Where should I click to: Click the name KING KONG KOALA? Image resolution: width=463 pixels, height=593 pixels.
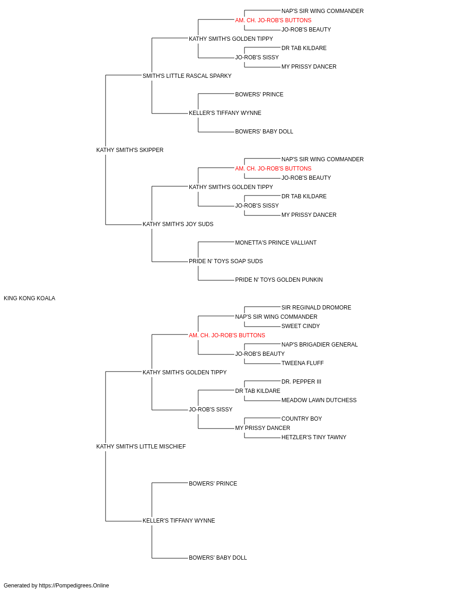tap(30, 298)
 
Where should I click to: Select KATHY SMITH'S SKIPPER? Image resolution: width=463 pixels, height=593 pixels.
tap(130, 150)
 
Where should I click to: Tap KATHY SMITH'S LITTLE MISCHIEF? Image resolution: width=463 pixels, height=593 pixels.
tap(141, 447)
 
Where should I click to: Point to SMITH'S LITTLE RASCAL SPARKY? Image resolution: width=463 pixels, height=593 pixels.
tap(187, 76)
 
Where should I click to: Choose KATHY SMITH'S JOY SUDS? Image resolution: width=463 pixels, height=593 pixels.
tap(178, 224)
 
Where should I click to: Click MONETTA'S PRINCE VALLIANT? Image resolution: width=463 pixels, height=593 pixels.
tap(275, 243)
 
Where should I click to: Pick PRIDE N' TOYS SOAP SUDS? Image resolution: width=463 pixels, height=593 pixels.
tap(226, 261)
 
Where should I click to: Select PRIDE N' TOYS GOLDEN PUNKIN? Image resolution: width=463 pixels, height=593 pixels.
tap(279, 280)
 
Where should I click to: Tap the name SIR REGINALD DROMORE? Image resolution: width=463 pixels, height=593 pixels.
tap(316, 308)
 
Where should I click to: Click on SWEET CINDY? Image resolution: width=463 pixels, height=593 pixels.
tap(300, 326)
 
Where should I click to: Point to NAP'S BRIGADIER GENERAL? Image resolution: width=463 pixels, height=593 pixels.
tap(319, 345)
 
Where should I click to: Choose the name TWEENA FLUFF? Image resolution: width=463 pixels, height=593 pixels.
tap(303, 363)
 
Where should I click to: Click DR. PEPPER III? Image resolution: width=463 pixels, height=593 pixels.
tap(301, 382)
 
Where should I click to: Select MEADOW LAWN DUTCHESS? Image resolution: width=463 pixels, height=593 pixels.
tap(319, 400)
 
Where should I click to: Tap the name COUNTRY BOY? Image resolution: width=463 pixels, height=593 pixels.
tap(301, 419)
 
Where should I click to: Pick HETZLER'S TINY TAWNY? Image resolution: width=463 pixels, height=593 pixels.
tap(314, 437)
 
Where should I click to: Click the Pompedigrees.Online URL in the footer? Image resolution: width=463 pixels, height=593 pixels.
tap(74, 586)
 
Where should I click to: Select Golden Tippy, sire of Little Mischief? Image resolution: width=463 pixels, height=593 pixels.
tap(185, 372)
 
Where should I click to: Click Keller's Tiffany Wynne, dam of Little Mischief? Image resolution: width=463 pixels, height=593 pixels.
tap(179, 521)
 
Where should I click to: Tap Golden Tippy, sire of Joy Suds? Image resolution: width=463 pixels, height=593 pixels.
tap(231, 187)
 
